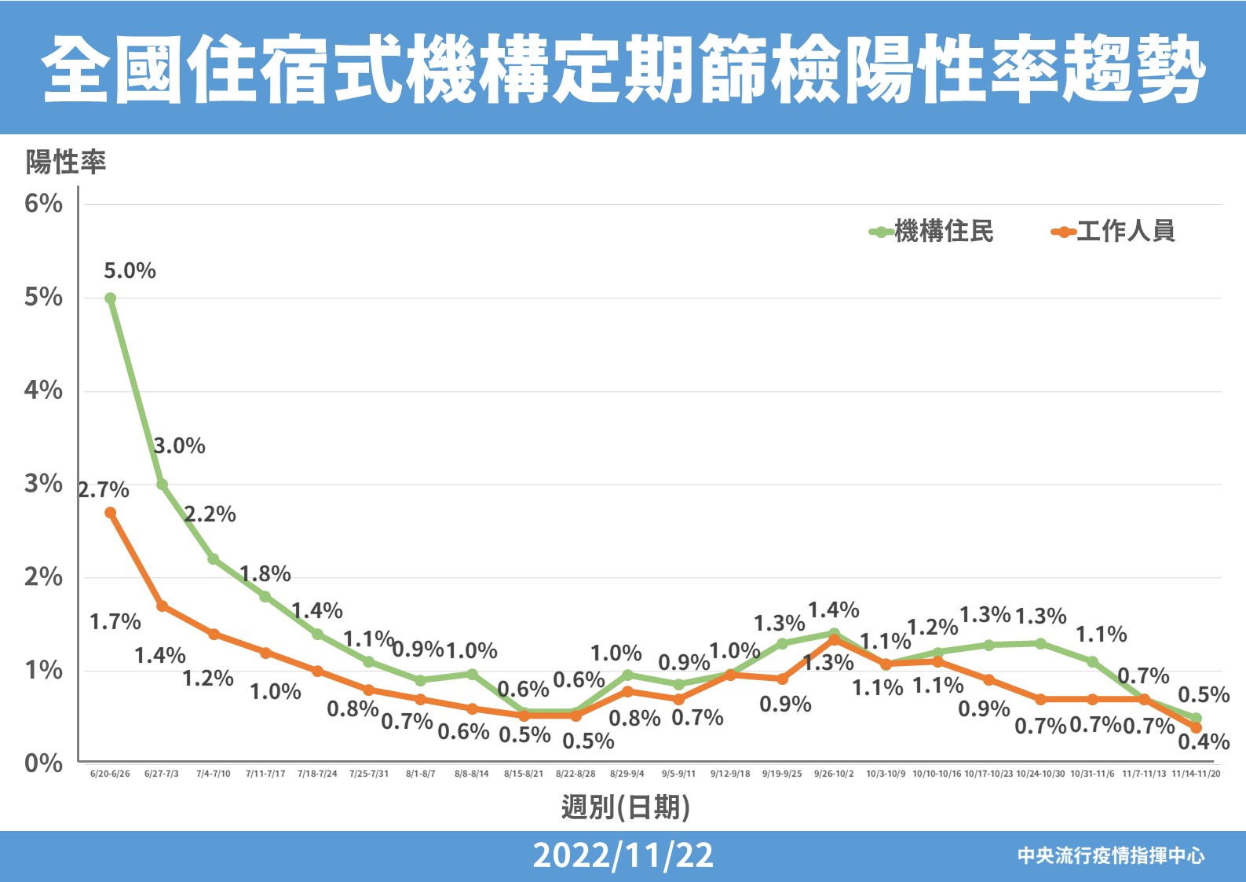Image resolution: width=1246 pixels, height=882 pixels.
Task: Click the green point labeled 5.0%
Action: click(x=111, y=298)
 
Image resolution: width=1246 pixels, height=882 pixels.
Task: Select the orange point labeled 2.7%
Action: click(x=111, y=513)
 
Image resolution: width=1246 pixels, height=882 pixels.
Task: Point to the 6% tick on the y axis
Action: click(x=43, y=204)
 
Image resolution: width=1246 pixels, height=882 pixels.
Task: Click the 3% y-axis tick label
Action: click(x=43, y=484)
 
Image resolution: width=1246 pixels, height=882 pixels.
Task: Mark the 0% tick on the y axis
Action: click(x=43, y=763)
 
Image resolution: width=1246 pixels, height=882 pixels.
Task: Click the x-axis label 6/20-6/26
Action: click(x=110, y=774)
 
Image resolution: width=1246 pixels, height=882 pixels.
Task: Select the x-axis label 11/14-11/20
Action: click(x=1196, y=774)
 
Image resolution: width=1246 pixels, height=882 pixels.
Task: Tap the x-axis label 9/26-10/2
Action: click(x=834, y=774)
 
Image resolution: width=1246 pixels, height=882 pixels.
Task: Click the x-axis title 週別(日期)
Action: click(x=625, y=807)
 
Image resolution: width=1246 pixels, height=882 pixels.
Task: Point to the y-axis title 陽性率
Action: click(x=66, y=163)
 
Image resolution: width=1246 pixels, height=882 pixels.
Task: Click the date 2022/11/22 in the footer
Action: click(x=623, y=855)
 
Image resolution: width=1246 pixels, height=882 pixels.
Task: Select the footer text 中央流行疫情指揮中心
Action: click(x=1111, y=855)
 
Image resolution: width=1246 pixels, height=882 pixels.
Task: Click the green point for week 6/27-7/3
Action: click(x=162, y=485)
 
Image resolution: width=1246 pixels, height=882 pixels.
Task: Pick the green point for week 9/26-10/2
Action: click(x=834, y=633)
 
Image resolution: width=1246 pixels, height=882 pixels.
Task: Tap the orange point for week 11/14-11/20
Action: click(x=1196, y=728)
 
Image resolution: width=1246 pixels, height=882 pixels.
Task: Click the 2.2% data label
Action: click(x=210, y=514)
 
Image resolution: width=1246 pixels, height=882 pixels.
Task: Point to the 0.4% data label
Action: click(x=1204, y=742)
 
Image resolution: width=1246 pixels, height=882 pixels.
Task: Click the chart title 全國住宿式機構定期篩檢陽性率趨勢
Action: click(x=623, y=69)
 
